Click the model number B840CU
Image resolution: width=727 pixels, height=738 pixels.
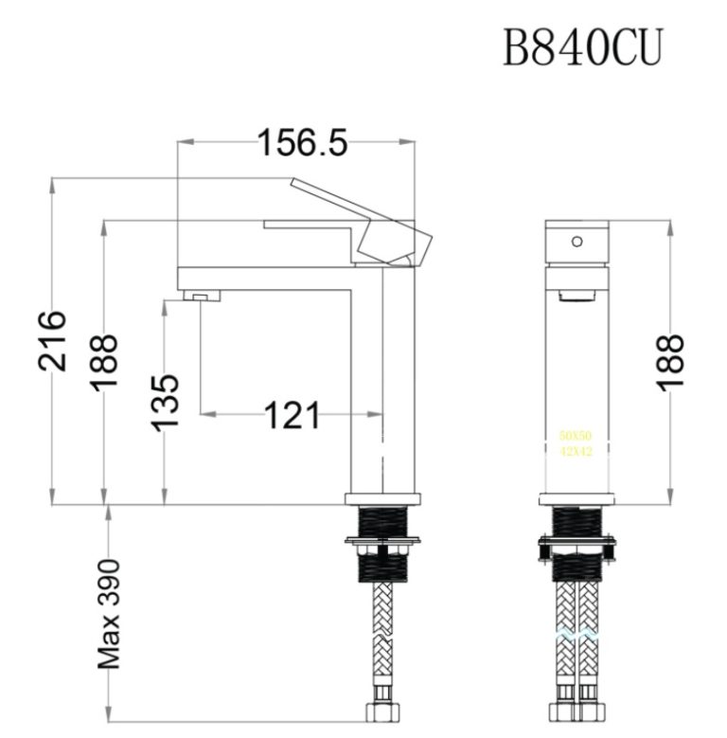(581, 46)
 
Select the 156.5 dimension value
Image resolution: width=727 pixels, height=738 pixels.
(302, 143)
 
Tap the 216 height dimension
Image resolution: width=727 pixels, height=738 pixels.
(51, 340)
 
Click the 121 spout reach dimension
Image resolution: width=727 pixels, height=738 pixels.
(288, 415)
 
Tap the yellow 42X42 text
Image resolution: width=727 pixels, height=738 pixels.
(575, 452)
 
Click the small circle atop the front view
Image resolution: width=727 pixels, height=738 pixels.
(576, 241)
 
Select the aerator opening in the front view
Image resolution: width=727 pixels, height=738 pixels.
(575, 297)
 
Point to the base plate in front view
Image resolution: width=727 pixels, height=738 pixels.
(576, 498)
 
